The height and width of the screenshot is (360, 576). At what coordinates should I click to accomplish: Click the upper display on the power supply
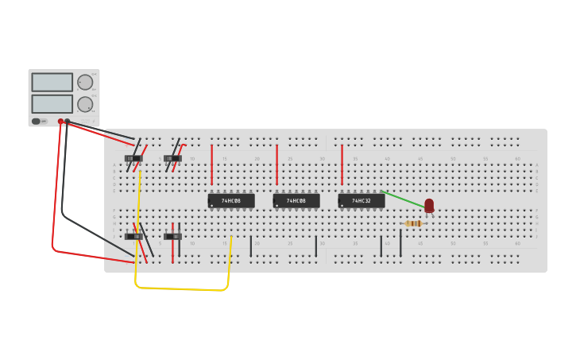[x=52, y=82]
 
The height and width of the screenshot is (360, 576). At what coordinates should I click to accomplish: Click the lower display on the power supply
[x=52, y=103]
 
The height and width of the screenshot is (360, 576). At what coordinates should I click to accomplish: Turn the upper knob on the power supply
[x=84, y=82]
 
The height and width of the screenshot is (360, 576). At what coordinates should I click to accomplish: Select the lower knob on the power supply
[x=84, y=103]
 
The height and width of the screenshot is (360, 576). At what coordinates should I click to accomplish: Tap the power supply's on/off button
[x=36, y=121]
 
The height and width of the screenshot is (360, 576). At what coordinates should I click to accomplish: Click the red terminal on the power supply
[x=60, y=122]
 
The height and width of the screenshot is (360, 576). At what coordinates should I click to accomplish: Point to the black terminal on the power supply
[x=68, y=122]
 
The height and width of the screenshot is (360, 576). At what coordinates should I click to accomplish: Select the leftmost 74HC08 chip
[x=231, y=201]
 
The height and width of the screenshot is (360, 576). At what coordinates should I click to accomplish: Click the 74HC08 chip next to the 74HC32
[x=296, y=201]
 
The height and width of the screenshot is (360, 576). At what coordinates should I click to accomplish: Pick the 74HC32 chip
[x=361, y=201]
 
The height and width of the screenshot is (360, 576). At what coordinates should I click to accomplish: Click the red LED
[x=429, y=205]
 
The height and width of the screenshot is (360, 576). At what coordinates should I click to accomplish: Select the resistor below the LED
[x=413, y=223]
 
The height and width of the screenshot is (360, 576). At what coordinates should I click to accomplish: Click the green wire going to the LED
[x=404, y=199]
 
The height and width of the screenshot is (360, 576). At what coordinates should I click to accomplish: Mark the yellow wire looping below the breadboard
[x=183, y=288]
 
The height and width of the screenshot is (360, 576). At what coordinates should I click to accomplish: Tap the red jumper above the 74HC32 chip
[x=342, y=164]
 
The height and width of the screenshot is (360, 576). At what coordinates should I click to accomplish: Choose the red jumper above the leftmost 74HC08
[x=211, y=164]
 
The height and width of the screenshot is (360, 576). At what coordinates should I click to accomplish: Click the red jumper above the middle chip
[x=276, y=164]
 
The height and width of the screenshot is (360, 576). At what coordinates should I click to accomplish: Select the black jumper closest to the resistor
[x=400, y=244]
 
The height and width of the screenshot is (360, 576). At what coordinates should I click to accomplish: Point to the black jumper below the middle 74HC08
[x=315, y=246]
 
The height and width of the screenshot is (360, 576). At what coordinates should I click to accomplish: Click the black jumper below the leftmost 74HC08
[x=251, y=246]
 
